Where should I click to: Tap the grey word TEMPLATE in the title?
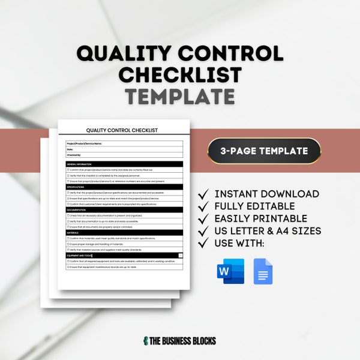coord(180,97)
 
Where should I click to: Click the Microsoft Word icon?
coord(230,271)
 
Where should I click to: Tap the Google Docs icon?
coord(263,271)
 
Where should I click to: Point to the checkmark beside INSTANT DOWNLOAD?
coord(203,194)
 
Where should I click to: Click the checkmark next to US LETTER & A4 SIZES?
coord(203,231)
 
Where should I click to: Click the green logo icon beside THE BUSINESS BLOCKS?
coord(146,341)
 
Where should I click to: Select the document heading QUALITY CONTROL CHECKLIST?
coord(122,130)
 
